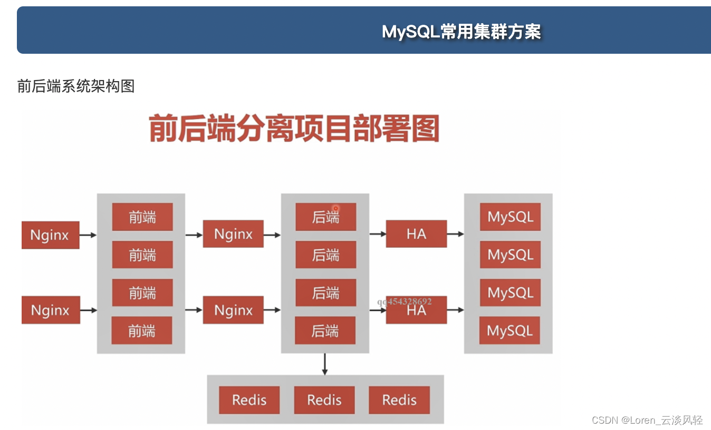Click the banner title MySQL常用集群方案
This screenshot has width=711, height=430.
tap(461, 32)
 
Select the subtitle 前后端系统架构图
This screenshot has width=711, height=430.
tap(76, 86)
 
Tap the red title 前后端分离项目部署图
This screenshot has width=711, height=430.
tap(294, 128)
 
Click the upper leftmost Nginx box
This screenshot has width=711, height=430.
tap(50, 235)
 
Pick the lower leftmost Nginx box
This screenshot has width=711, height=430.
tap(51, 310)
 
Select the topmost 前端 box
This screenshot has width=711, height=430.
tap(142, 217)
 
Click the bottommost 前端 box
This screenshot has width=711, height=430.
tap(142, 331)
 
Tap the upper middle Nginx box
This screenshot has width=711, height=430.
tap(233, 234)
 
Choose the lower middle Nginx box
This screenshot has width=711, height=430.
tap(233, 310)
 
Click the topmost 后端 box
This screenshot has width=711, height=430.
tap(325, 217)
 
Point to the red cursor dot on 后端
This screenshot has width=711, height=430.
tap(335, 209)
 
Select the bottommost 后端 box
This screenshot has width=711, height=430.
tap(325, 331)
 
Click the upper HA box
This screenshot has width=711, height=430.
tap(416, 234)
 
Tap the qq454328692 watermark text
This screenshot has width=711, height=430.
tap(405, 301)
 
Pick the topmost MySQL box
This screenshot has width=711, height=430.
tap(510, 217)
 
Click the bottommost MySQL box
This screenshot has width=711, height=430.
tap(510, 331)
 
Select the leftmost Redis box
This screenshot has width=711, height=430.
tap(249, 400)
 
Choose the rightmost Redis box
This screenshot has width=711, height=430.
tap(399, 400)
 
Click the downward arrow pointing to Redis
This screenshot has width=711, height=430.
tap(324, 364)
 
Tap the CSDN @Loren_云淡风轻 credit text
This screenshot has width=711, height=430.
tap(647, 420)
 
